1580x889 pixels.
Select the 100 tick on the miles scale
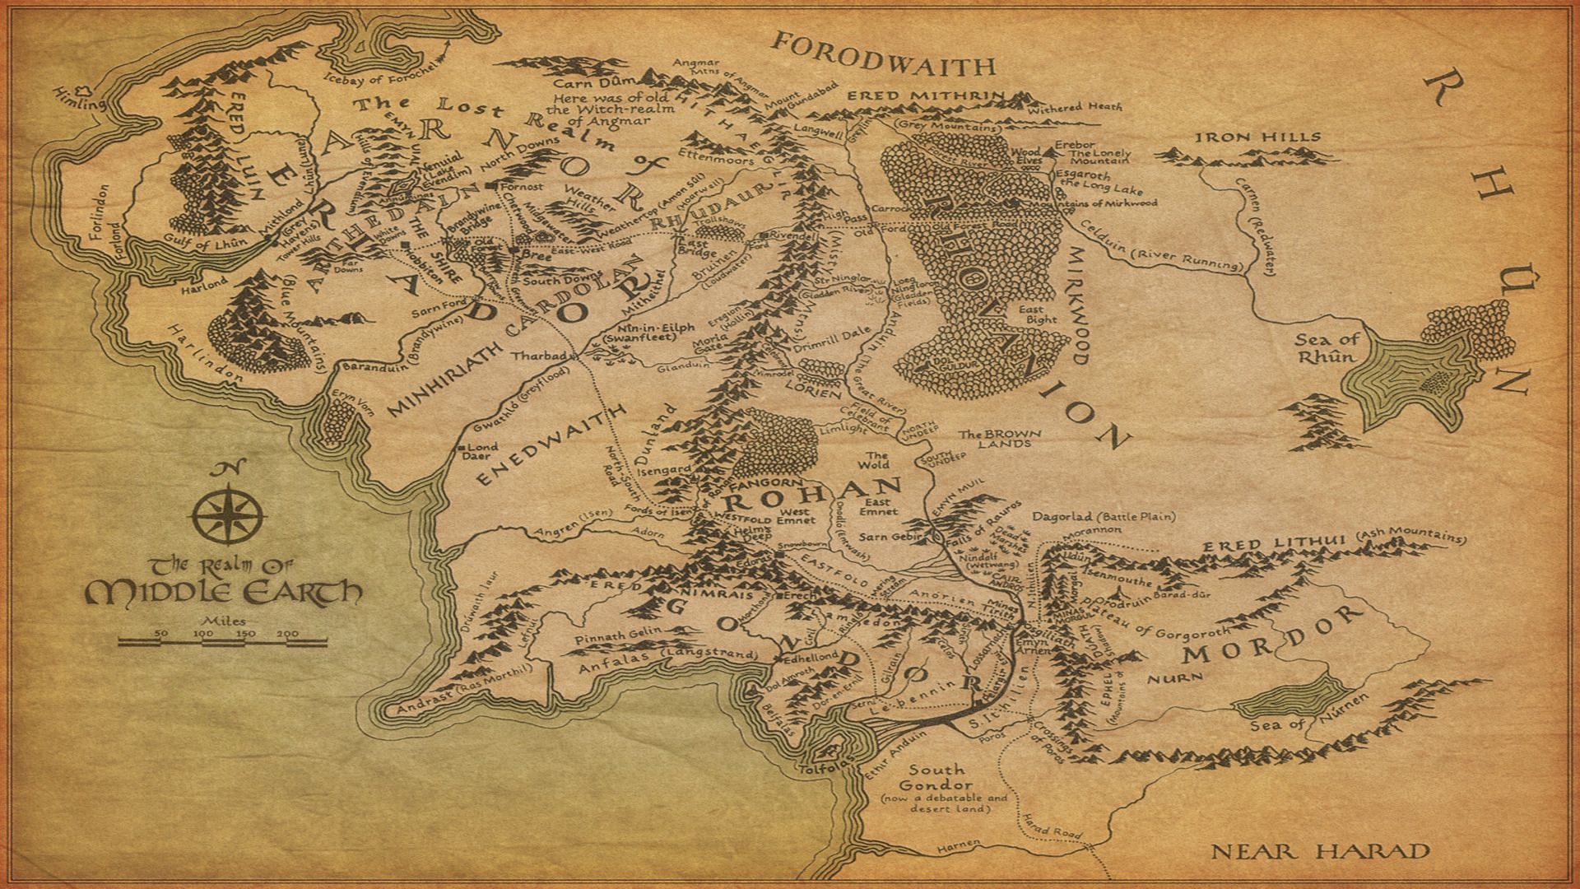203,634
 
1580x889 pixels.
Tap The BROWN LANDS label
999,439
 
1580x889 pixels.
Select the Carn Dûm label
590,83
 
